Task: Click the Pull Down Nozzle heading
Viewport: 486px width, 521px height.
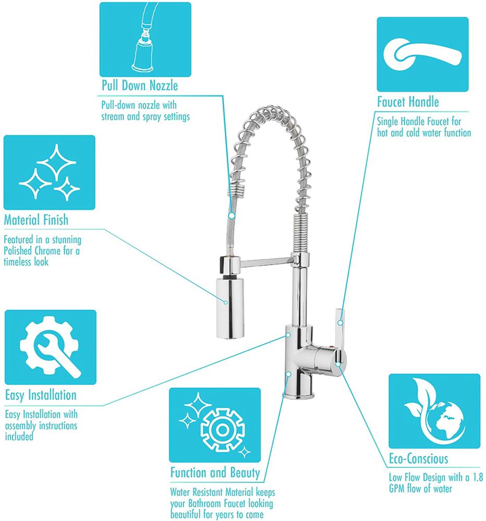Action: pyautogui.click(x=140, y=85)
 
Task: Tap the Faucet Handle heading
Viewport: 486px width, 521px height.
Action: pyautogui.click(x=408, y=102)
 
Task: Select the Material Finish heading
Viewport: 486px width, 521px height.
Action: pyautogui.click(x=36, y=220)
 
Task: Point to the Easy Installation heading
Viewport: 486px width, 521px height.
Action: pyautogui.click(x=41, y=395)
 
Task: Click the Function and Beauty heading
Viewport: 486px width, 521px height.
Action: pyautogui.click(x=215, y=473)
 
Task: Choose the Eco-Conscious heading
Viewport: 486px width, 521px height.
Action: pyautogui.click(x=419, y=459)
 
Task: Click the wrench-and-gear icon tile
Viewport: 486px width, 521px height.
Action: pyautogui.click(x=51, y=347)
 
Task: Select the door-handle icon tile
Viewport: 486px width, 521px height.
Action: pyautogui.click(x=422, y=55)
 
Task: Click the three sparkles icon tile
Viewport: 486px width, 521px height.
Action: pyautogui.click(x=49, y=172)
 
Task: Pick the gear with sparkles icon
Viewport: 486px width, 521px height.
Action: pyautogui.click(x=215, y=425)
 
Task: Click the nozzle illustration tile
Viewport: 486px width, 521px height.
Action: pyautogui.click(x=145, y=40)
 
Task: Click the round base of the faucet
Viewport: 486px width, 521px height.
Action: pyautogui.click(x=298, y=395)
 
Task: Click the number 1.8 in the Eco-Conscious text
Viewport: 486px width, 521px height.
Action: pyautogui.click(x=478, y=477)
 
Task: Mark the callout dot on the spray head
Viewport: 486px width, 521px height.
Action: pyautogui.click(x=226, y=302)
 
